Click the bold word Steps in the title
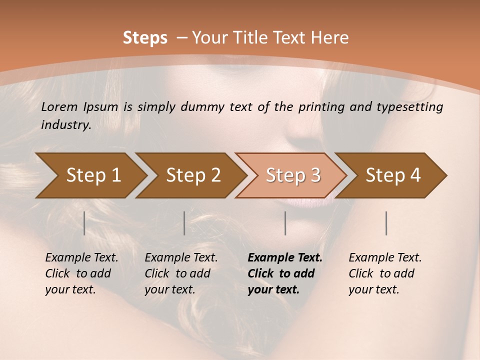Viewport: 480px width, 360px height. pyautogui.click(x=145, y=38)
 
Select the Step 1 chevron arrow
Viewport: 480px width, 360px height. pyautogui.click(x=90, y=175)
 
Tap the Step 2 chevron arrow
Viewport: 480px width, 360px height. pyautogui.click(x=192, y=175)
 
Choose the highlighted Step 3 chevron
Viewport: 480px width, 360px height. pyautogui.click(x=292, y=175)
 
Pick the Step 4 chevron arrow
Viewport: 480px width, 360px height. pyautogui.click(x=392, y=175)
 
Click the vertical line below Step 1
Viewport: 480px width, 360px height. pyautogui.click(x=84, y=223)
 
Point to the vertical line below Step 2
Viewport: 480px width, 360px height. pyautogui.click(x=184, y=223)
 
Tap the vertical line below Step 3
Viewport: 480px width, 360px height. pyautogui.click(x=285, y=223)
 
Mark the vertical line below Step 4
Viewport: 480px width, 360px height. pyautogui.click(x=386, y=223)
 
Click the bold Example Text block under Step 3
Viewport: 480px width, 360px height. pyautogui.click(x=285, y=273)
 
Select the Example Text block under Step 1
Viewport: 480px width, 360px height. pyautogui.click(x=81, y=273)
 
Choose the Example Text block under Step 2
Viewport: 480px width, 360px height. pyautogui.click(x=181, y=273)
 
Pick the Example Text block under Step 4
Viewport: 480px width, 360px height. pyautogui.click(x=385, y=273)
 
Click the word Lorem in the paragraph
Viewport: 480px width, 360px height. pyautogui.click(x=59, y=107)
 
